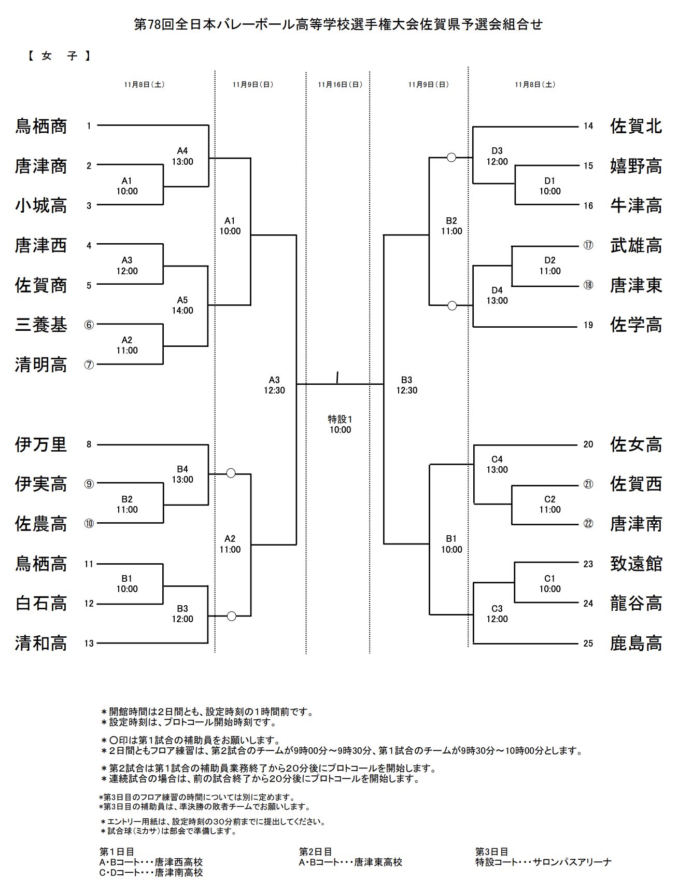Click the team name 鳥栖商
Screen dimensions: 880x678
click(x=41, y=126)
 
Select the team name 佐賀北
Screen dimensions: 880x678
click(x=636, y=126)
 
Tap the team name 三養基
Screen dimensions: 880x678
click(x=41, y=325)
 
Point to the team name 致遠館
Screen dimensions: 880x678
click(x=636, y=564)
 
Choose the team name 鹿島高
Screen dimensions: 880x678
click(x=636, y=644)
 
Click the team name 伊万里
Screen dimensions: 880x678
click(x=41, y=444)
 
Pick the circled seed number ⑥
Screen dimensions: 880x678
click(x=89, y=325)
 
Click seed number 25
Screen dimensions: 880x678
click(x=588, y=644)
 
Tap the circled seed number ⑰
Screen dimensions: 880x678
click(x=588, y=245)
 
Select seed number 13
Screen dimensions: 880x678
click(x=89, y=644)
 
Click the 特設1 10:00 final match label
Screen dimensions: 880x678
click(x=340, y=424)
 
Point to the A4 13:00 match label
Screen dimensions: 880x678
click(x=182, y=156)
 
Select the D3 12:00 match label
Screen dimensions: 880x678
click(x=497, y=156)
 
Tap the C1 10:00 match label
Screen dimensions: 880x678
click(x=549, y=583)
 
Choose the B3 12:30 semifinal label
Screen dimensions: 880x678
click(x=406, y=385)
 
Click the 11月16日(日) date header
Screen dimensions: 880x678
click(x=340, y=85)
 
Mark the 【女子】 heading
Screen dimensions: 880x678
click(x=59, y=56)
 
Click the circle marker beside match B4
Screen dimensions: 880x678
click(x=231, y=473)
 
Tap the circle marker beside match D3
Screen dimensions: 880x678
click(x=451, y=157)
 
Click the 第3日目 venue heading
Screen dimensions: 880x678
click(x=491, y=851)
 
